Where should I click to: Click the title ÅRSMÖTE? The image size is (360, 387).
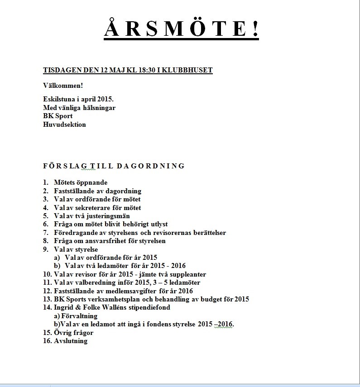click(181, 29)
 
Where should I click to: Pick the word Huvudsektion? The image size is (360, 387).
click(64, 124)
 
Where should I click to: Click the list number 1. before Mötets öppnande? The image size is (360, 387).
click(46, 182)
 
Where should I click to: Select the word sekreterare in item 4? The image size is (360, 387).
click(89, 208)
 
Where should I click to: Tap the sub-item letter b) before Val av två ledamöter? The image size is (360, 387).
click(57, 266)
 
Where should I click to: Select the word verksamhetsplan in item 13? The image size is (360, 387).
click(115, 299)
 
